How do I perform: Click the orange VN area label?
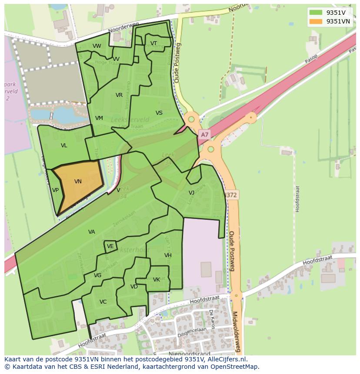(x=78, y=182)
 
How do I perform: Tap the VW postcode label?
(x=97, y=46)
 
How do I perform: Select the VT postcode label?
(x=153, y=43)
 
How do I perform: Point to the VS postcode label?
(x=159, y=113)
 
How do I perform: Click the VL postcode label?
(x=64, y=146)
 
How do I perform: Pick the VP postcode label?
(x=55, y=190)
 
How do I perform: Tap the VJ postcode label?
(x=191, y=192)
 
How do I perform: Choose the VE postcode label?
(x=110, y=246)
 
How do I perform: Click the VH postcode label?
(x=168, y=255)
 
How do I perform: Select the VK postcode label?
(x=157, y=280)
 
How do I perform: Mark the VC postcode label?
(x=103, y=302)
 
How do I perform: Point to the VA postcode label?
(x=91, y=232)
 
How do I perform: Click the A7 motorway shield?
(x=204, y=135)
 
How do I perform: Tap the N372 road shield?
(x=231, y=195)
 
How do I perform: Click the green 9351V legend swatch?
(x=316, y=13)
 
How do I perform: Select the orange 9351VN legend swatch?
(x=316, y=21)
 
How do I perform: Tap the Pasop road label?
(x=311, y=58)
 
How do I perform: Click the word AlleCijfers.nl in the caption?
(x=226, y=359)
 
